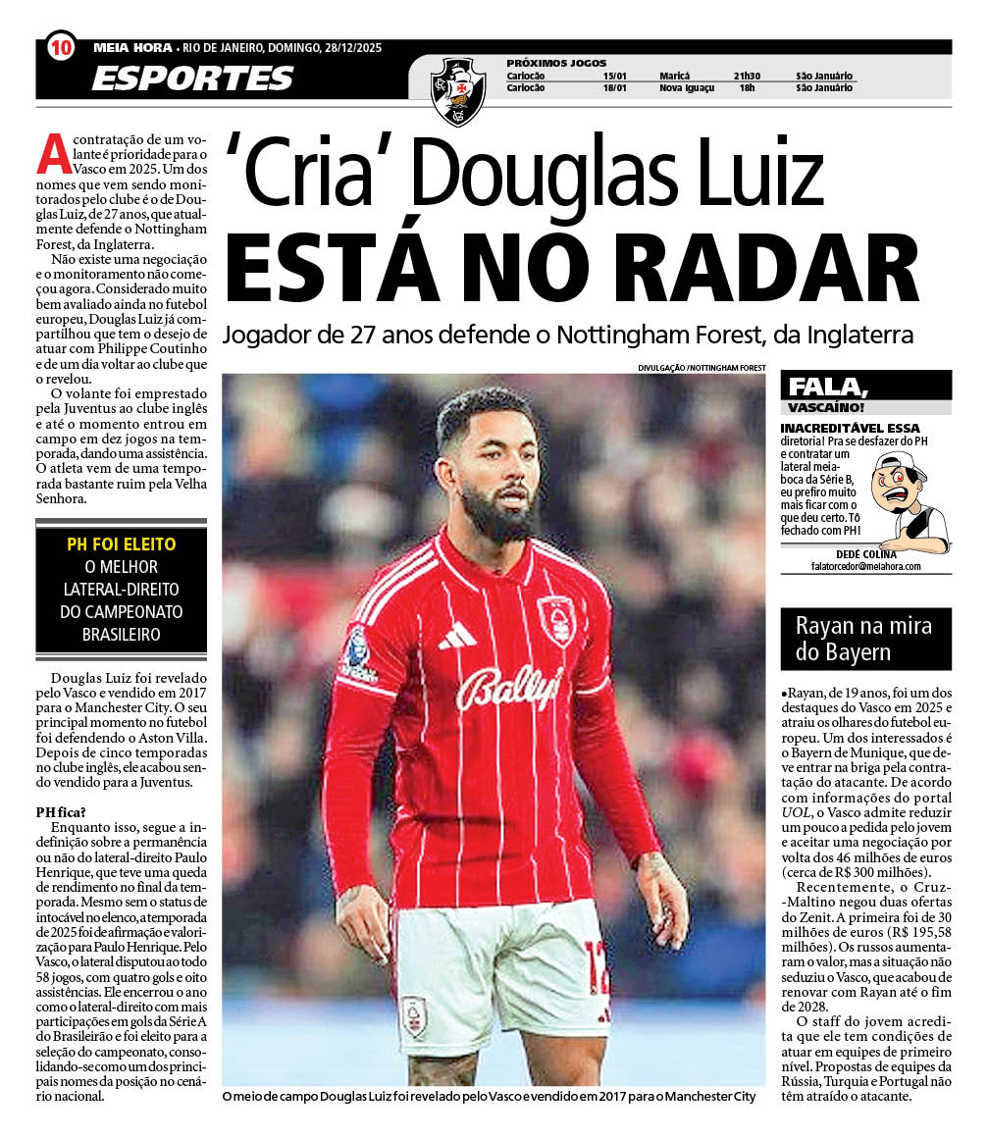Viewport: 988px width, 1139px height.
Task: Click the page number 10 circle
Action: pos(61,46)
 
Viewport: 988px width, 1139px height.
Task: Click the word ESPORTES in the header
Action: pos(192,78)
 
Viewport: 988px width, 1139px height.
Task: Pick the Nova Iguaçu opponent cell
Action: pos(687,87)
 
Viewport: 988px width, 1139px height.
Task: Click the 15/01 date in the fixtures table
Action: pos(615,76)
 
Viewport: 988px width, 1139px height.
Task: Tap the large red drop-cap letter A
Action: pos(51,154)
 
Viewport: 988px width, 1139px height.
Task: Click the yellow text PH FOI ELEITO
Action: pos(122,544)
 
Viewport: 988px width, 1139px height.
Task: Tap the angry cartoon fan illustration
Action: pos(909,501)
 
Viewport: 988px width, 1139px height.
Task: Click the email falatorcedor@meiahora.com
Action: pos(865,566)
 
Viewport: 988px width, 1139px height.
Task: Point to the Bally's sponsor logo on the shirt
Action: pos(509,687)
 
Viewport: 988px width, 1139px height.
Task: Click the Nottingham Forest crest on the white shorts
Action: pos(413,1015)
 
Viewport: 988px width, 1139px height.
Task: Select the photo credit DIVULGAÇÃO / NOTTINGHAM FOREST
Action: pos(701,368)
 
